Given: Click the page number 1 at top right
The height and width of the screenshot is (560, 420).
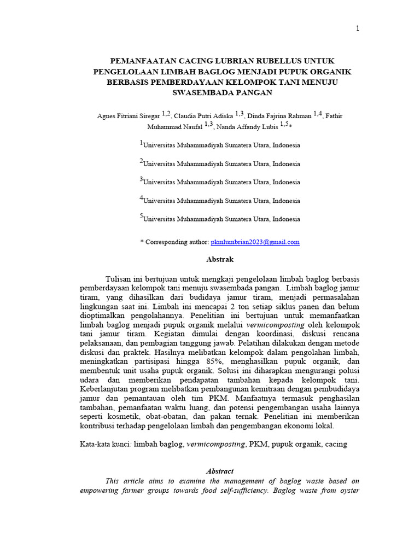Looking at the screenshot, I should (x=358, y=29).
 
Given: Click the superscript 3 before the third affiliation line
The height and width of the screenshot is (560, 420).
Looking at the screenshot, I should (x=141, y=179).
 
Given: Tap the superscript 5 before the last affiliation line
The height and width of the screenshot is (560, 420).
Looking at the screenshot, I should (x=141, y=217).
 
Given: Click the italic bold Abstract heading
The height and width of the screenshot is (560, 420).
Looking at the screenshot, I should (x=219, y=471).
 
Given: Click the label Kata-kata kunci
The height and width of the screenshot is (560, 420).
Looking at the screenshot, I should (x=104, y=445).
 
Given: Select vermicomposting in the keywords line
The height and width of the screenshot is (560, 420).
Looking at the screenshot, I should (x=215, y=445).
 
